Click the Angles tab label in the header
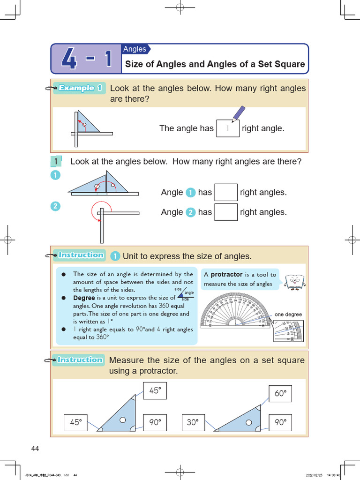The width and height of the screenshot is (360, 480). [x=135, y=49]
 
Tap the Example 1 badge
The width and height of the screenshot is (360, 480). [x=80, y=88]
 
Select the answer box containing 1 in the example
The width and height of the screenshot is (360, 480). [x=228, y=128]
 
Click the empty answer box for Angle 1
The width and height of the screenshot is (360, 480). [x=225, y=193]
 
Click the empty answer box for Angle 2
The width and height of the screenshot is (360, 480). [x=225, y=212]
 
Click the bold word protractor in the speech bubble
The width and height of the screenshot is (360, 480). [x=226, y=275]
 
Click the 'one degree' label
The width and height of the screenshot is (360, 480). [x=288, y=315]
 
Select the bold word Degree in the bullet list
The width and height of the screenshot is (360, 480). [x=84, y=298]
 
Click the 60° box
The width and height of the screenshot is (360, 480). [x=280, y=394]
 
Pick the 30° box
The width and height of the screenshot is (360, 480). [x=193, y=422]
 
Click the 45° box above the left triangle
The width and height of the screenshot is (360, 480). [x=155, y=391]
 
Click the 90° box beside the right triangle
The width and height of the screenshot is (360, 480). [x=280, y=422]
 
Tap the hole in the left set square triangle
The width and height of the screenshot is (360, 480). [x=122, y=420]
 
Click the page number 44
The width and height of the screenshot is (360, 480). [x=35, y=449]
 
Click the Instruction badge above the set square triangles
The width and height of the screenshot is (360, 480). [x=80, y=360]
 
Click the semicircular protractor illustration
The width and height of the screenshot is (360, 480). [x=236, y=310]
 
